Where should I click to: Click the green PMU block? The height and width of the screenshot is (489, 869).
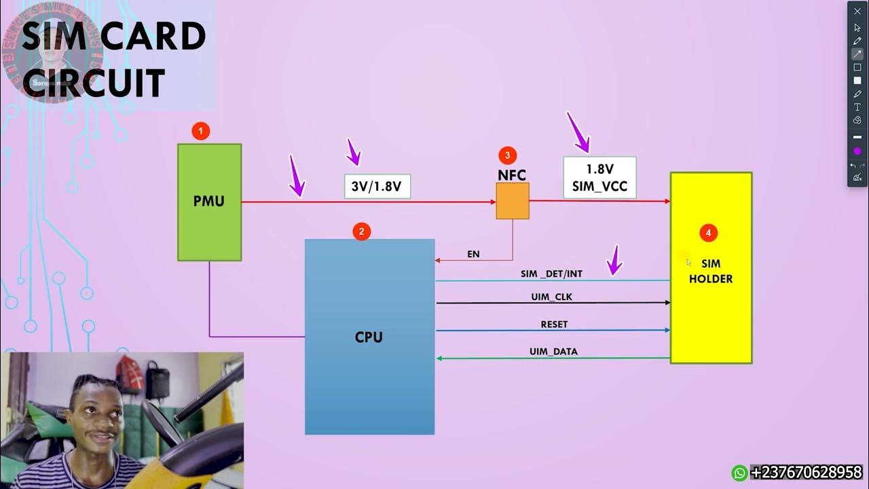[209, 202]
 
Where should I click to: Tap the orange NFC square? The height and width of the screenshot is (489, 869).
[513, 200]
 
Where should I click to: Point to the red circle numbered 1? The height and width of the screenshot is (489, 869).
[200, 131]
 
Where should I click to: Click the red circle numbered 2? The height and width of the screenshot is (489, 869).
[361, 232]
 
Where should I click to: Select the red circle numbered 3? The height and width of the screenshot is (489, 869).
[507, 155]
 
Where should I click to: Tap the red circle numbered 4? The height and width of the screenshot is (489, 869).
[708, 233]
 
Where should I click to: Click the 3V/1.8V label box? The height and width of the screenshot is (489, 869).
[377, 186]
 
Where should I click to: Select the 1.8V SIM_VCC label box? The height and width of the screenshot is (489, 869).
[599, 177]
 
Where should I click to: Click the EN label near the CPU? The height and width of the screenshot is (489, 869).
[473, 254]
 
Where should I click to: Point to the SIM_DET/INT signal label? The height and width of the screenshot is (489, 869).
[551, 274]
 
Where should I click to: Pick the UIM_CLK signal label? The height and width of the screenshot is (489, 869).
[551, 297]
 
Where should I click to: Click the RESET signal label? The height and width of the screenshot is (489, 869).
[554, 325]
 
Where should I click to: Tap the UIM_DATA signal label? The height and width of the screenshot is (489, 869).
[553, 352]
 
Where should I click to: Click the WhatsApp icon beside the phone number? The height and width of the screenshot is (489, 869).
[739, 473]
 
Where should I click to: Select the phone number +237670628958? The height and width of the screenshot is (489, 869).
[806, 473]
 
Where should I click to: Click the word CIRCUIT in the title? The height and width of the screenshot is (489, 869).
[94, 84]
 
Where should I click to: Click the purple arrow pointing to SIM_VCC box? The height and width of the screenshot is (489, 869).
[578, 132]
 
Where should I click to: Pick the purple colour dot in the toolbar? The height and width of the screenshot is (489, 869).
[857, 151]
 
